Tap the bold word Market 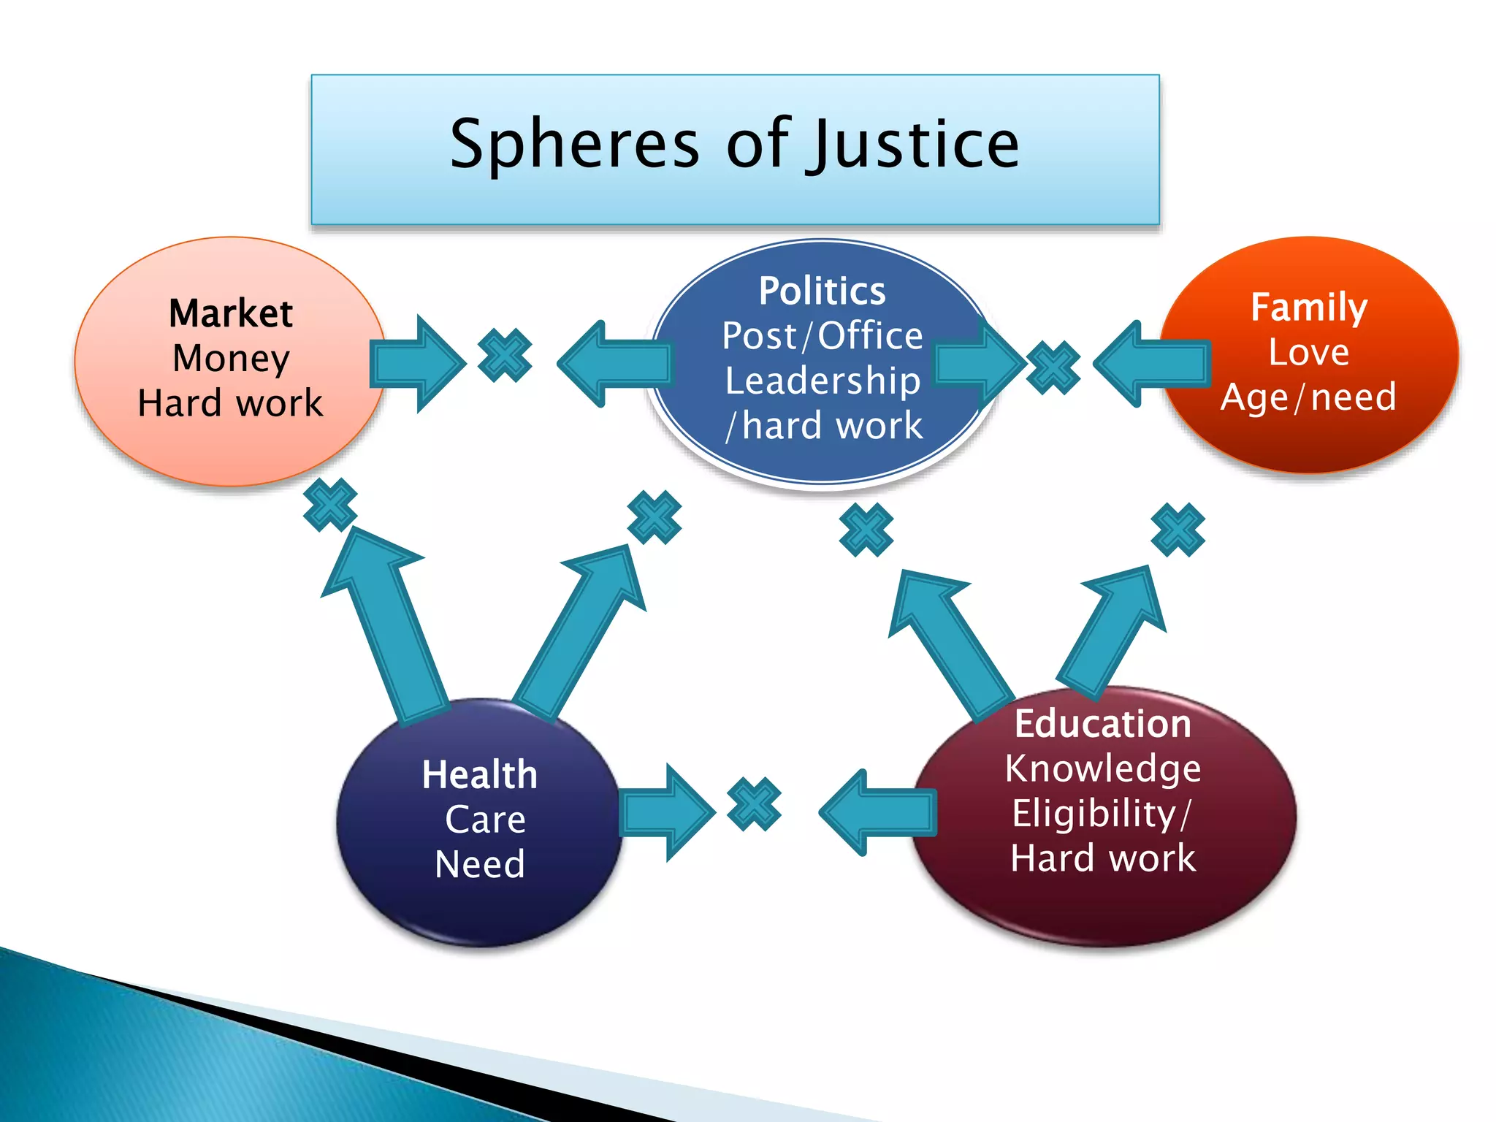[231, 313]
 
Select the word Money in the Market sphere [231, 359]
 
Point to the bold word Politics [822, 291]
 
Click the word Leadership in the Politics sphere [823, 381]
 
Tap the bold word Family [1308, 307]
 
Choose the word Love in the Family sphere [1308, 352]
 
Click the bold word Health [479, 774]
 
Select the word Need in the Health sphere [479, 864]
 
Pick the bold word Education [1103, 724]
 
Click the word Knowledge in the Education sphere [1103, 768]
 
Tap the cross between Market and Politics [505, 356]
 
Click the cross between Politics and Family [1053, 367]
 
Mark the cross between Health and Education [754, 804]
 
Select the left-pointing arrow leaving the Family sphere [1150, 363]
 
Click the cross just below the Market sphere [330, 505]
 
